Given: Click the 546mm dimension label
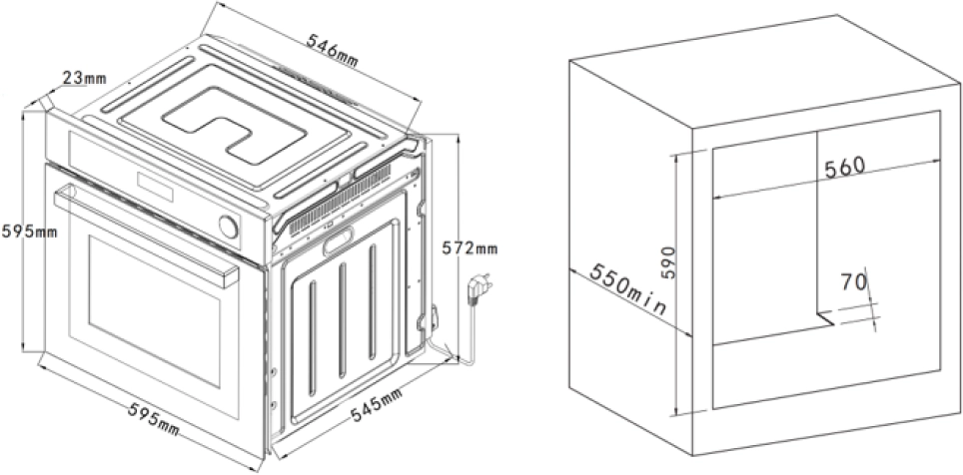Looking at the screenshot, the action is click(333, 50).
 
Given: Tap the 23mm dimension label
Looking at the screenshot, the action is click(84, 78).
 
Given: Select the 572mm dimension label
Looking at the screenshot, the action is click(470, 247).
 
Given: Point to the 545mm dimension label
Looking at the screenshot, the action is click(377, 405).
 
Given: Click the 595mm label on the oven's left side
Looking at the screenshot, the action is click(29, 232).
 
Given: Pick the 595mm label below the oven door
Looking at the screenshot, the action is click(154, 418).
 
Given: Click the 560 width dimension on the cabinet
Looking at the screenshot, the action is click(844, 168).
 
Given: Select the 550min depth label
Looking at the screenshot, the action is click(627, 289).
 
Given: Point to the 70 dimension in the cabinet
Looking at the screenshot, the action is click(853, 281).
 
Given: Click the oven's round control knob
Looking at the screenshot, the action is click(229, 227).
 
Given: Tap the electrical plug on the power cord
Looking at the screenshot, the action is click(480, 286).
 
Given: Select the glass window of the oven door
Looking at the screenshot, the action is click(154, 310).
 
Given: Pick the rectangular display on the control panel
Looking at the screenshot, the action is click(155, 188).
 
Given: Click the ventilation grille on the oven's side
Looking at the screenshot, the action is click(340, 202).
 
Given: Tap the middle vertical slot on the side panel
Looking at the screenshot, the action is click(342, 320).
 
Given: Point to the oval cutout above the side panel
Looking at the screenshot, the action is click(339, 239).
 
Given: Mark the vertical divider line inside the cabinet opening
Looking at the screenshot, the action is click(816, 221).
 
